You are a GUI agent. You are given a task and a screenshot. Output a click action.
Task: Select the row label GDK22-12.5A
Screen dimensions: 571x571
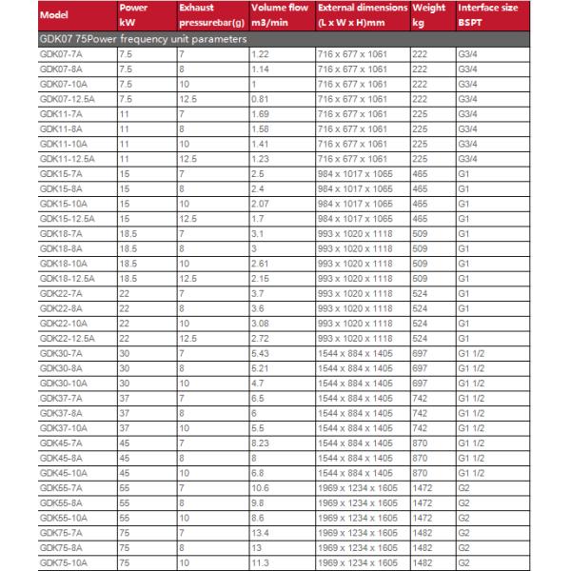pyautogui.click(x=69, y=338)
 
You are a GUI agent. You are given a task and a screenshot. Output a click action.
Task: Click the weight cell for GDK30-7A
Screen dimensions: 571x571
pyautogui.click(x=420, y=353)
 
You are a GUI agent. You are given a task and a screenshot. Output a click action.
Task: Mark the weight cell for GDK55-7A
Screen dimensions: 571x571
pyautogui.click(x=423, y=487)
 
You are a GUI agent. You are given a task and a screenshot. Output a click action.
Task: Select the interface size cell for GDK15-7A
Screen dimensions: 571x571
pyautogui.click(x=463, y=174)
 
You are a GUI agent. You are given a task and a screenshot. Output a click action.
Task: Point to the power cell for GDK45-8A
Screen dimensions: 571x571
pyautogui.click(x=124, y=458)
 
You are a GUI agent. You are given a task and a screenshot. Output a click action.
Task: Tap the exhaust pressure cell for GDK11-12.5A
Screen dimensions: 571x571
pyautogui.click(x=187, y=160)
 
